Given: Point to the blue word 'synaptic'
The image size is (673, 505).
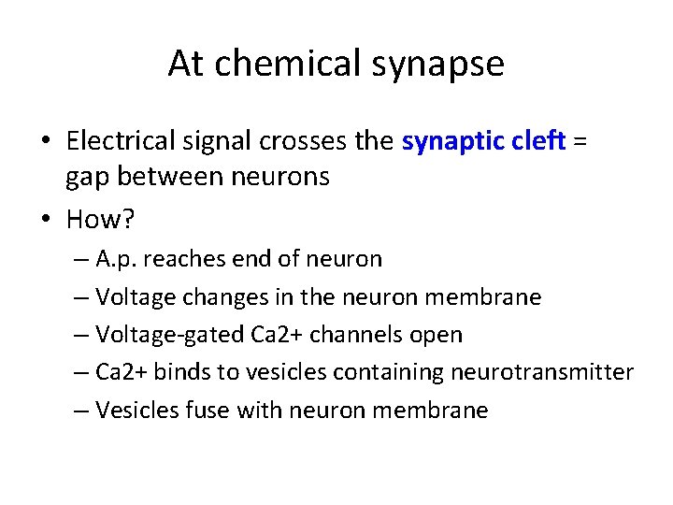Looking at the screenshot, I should click(452, 142).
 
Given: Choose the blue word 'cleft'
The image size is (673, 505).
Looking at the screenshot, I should click(541, 141).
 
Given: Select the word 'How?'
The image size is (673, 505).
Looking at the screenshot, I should click(100, 219).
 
